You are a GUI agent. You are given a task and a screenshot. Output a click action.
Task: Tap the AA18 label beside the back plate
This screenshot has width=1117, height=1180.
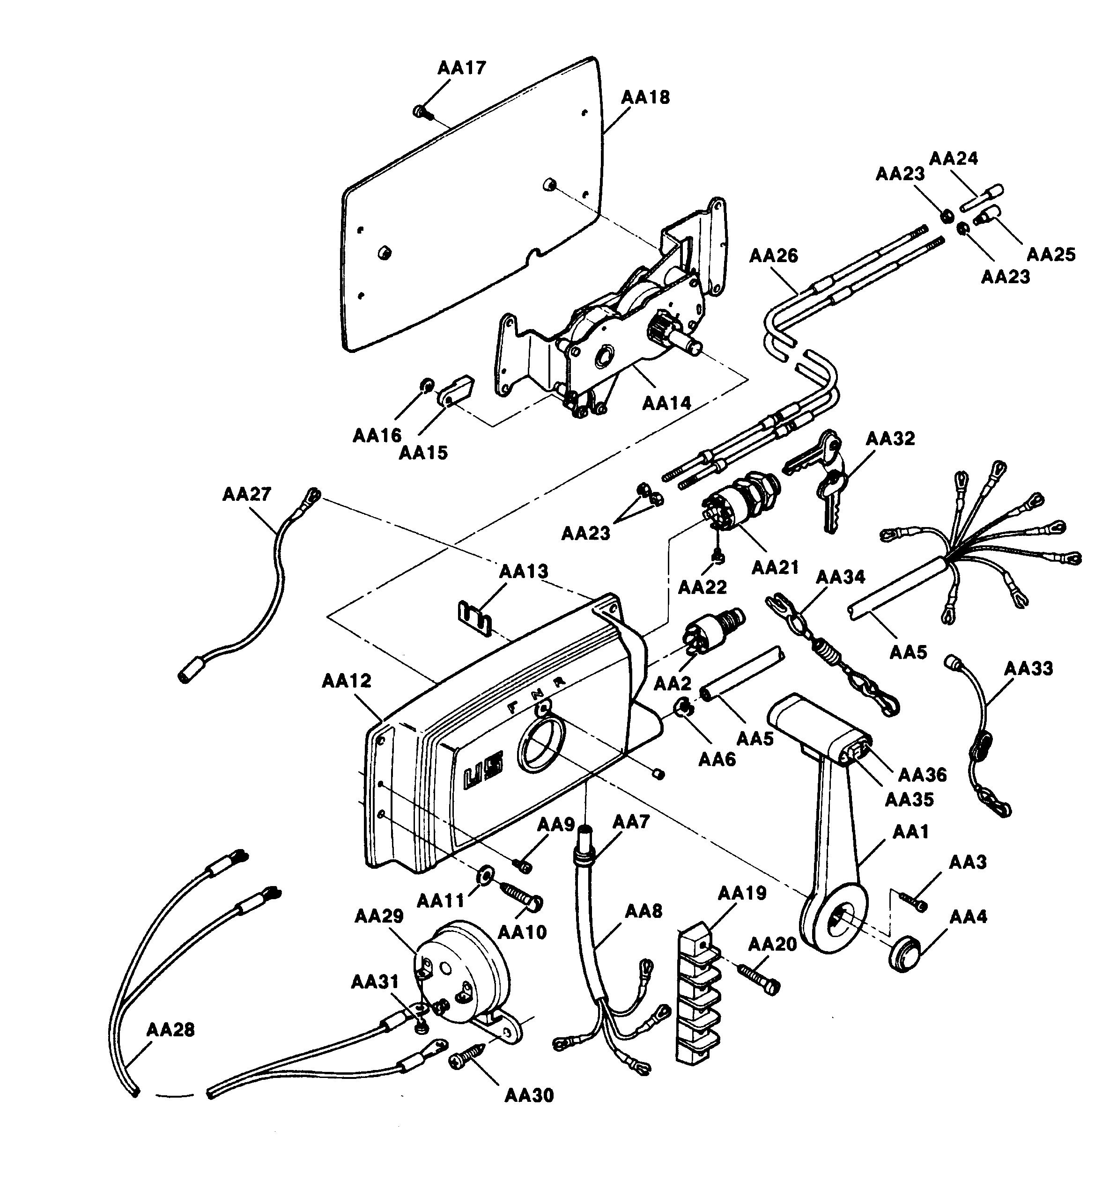[x=645, y=97]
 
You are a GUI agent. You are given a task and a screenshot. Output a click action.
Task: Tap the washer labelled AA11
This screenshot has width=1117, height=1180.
[x=483, y=873]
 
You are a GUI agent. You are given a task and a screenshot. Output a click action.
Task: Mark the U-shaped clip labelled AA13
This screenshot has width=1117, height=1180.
[x=474, y=618]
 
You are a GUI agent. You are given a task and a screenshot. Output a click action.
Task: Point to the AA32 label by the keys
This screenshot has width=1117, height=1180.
[x=889, y=439]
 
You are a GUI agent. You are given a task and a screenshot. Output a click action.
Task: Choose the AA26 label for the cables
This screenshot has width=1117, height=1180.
[x=773, y=256]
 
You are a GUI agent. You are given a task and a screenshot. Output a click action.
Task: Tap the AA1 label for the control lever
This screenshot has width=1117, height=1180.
[x=910, y=831]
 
